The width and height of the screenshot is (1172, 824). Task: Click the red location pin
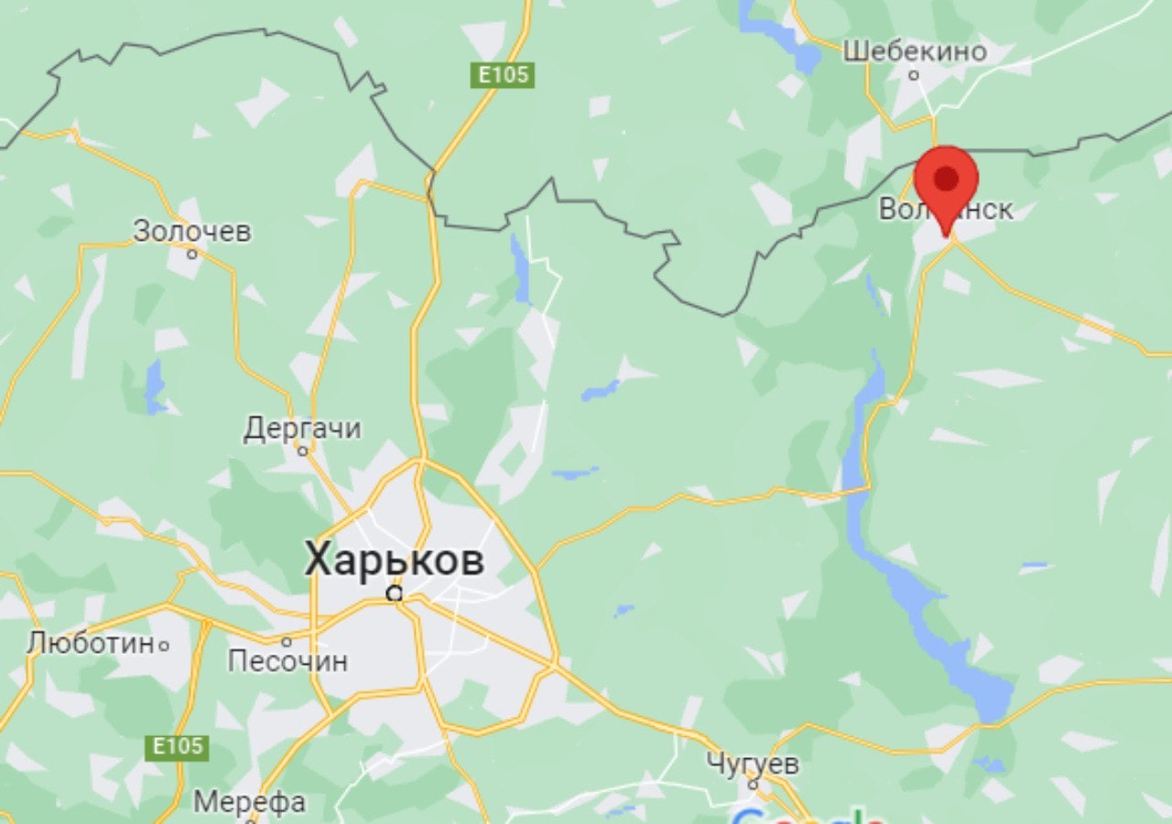[x=946, y=180]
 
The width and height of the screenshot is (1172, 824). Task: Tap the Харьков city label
[x=394, y=559]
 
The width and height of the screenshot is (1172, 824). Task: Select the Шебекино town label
[x=915, y=51]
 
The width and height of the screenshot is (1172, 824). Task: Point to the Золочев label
[x=191, y=231]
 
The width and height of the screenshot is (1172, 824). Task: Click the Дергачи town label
[x=302, y=428]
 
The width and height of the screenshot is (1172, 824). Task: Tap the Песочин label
[x=288, y=660]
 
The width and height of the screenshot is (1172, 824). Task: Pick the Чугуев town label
[x=753, y=764]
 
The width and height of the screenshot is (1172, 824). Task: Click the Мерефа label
[x=249, y=803]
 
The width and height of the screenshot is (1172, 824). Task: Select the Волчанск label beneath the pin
[x=946, y=210]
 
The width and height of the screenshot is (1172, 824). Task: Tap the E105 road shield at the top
[x=504, y=74]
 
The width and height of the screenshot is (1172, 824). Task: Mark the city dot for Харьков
[x=395, y=593]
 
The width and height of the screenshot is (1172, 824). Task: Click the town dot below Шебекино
[x=913, y=74]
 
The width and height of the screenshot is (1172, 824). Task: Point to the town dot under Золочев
[x=192, y=254]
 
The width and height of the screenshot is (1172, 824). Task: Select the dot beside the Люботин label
[x=164, y=645]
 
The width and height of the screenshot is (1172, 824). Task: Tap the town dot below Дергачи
[x=302, y=450]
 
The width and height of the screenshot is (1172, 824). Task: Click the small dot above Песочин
[x=286, y=641]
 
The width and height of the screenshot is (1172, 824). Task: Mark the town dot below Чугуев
[x=753, y=785]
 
